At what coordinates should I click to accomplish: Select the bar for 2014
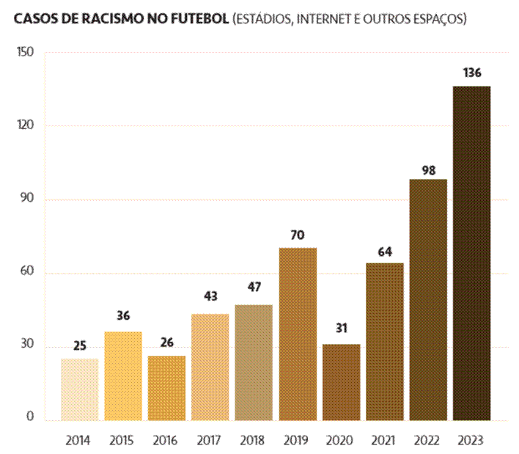coord(79,389)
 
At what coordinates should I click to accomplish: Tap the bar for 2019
coord(297,334)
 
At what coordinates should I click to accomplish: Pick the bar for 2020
coord(341,382)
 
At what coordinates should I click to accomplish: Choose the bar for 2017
coord(210,367)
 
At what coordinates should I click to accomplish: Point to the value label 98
coord(428,170)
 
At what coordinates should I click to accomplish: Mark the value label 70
coord(297,236)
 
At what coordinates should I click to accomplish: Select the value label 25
coord(79,346)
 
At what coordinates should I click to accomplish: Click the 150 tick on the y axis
coord(26,53)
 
